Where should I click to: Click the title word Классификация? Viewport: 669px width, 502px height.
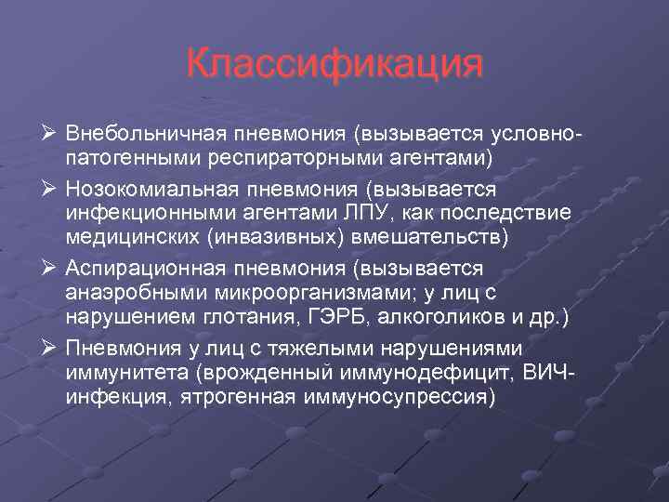[334, 65]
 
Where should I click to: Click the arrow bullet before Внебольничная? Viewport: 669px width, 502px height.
[50, 137]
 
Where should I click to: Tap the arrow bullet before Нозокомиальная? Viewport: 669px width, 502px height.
[50, 190]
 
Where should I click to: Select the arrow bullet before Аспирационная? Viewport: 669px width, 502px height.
[50, 269]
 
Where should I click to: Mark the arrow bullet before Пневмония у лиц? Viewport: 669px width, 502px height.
[50, 348]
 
